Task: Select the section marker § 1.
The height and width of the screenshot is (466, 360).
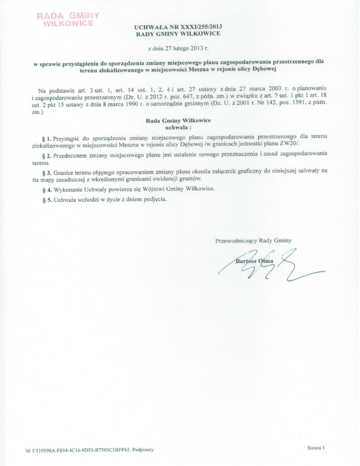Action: (45, 139)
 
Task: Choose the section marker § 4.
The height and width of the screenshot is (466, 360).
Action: (46, 190)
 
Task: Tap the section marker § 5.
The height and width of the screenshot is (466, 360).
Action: (46, 201)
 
